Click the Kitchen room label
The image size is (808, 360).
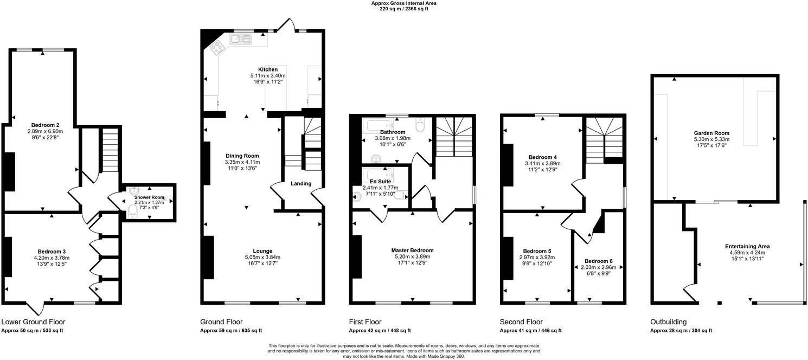click(x=268, y=69)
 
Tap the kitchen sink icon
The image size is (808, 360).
click(x=239, y=39)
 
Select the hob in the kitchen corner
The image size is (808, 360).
click(x=217, y=48)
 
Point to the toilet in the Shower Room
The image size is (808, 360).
click(x=133, y=213)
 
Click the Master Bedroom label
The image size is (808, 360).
click(x=412, y=250)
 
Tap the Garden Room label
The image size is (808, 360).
click(x=711, y=133)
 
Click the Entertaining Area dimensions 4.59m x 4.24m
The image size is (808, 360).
click(x=747, y=252)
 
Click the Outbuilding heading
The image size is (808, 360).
click(x=668, y=322)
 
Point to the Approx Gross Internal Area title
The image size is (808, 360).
click(x=403, y=3)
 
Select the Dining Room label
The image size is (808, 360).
click(x=242, y=156)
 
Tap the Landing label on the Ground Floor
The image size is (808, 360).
click(x=301, y=184)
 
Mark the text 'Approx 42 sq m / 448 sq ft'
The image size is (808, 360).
click(x=379, y=331)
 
